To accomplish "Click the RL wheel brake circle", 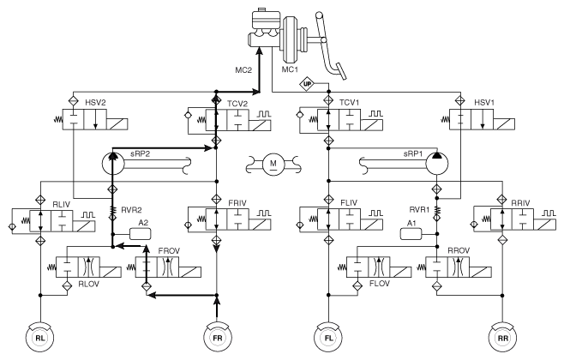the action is [40, 338].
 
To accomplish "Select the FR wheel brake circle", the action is [217, 338].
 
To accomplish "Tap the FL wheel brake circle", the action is [328, 338].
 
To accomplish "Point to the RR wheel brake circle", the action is [503, 338].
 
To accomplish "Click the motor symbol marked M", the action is [273, 164].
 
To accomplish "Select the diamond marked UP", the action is [307, 85].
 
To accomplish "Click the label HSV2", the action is [95, 103].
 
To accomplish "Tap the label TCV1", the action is [349, 103].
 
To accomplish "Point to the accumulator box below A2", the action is [140, 234].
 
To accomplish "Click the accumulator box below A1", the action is [411, 234].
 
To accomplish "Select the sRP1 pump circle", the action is [437, 163].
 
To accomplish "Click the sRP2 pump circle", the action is [113, 163].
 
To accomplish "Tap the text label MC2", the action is [243, 70].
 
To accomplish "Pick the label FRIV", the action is [237, 203].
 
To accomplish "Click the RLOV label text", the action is [88, 284].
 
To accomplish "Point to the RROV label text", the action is [459, 250].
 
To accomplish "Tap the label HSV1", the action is [484, 103].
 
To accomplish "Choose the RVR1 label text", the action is [419, 210].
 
